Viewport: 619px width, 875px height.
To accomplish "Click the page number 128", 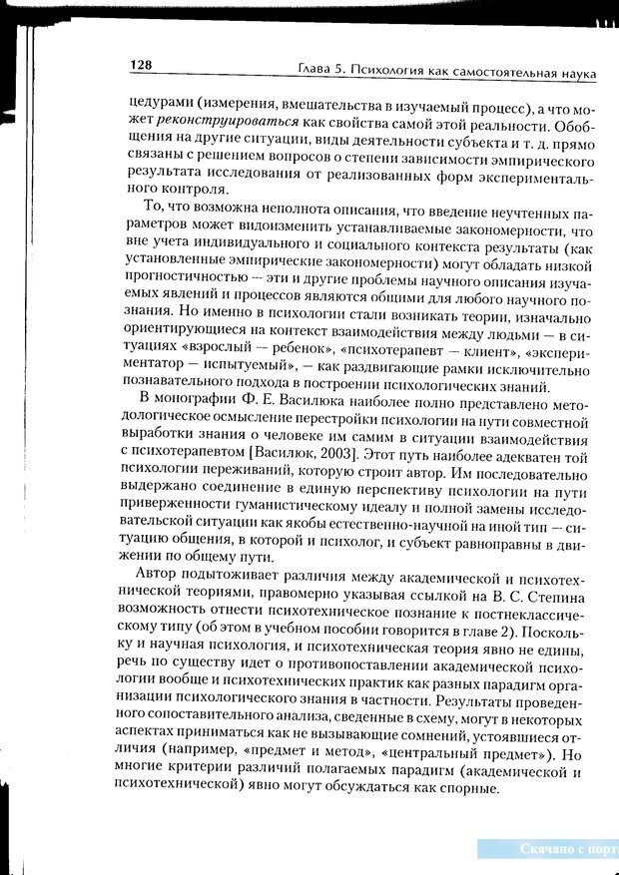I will point(140,66).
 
